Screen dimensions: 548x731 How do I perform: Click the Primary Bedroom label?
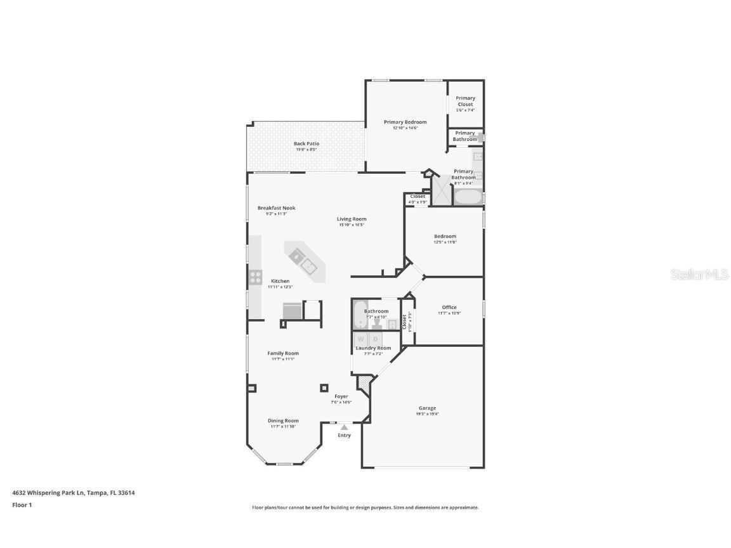(405, 122)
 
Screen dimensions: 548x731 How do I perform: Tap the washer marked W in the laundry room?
(360, 339)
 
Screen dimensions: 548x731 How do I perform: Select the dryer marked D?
(375, 339)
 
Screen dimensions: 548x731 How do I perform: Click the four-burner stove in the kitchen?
(255, 277)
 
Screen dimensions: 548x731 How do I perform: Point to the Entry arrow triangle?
(344, 427)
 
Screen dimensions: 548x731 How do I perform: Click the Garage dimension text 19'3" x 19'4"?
(427, 414)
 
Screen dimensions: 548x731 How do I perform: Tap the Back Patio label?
(306, 144)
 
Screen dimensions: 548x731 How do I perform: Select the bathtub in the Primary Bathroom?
(468, 197)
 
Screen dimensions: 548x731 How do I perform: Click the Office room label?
(449, 308)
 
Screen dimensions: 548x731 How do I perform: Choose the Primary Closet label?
(465, 101)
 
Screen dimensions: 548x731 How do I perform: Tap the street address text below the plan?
(74, 493)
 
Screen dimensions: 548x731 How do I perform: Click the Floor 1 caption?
(22, 506)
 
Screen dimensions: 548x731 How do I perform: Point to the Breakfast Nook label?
(276, 208)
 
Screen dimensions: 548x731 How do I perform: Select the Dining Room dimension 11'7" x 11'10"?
(282, 427)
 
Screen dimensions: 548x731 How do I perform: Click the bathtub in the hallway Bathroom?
(359, 315)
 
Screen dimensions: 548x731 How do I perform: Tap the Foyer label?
(341, 396)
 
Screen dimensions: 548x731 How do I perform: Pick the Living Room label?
(352, 219)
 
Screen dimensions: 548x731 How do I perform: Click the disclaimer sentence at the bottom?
(365, 507)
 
